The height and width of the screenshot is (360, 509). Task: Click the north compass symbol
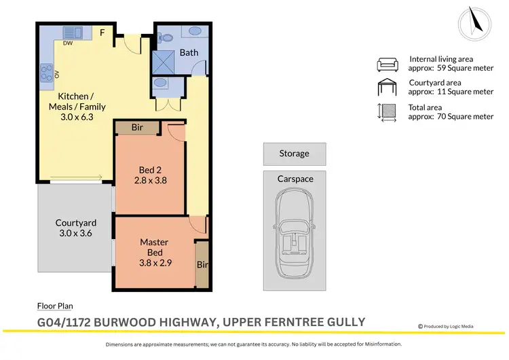click(x=474, y=22)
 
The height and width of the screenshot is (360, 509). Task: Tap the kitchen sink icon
click(x=73, y=31)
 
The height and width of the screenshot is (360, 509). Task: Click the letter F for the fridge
click(x=102, y=32)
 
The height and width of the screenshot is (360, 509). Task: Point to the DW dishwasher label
click(x=69, y=42)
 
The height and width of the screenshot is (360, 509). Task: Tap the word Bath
click(x=189, y=52)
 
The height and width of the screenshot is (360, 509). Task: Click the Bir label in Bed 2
click(x=137, y=127)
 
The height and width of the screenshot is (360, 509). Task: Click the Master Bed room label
click(x=154, y=247)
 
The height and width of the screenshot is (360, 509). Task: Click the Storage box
click(x=294, y=154)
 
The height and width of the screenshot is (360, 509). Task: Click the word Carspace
click(x=295, y=179)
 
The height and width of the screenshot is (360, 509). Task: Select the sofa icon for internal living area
click(x=388, y=65)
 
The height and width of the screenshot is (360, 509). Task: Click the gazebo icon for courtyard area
click(x=388, y=88)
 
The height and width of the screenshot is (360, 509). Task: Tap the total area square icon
click(x=388, y=112)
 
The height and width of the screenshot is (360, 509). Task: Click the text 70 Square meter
click(x=465, y=116)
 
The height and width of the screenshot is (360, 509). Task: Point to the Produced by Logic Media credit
click(x=449, y=327)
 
